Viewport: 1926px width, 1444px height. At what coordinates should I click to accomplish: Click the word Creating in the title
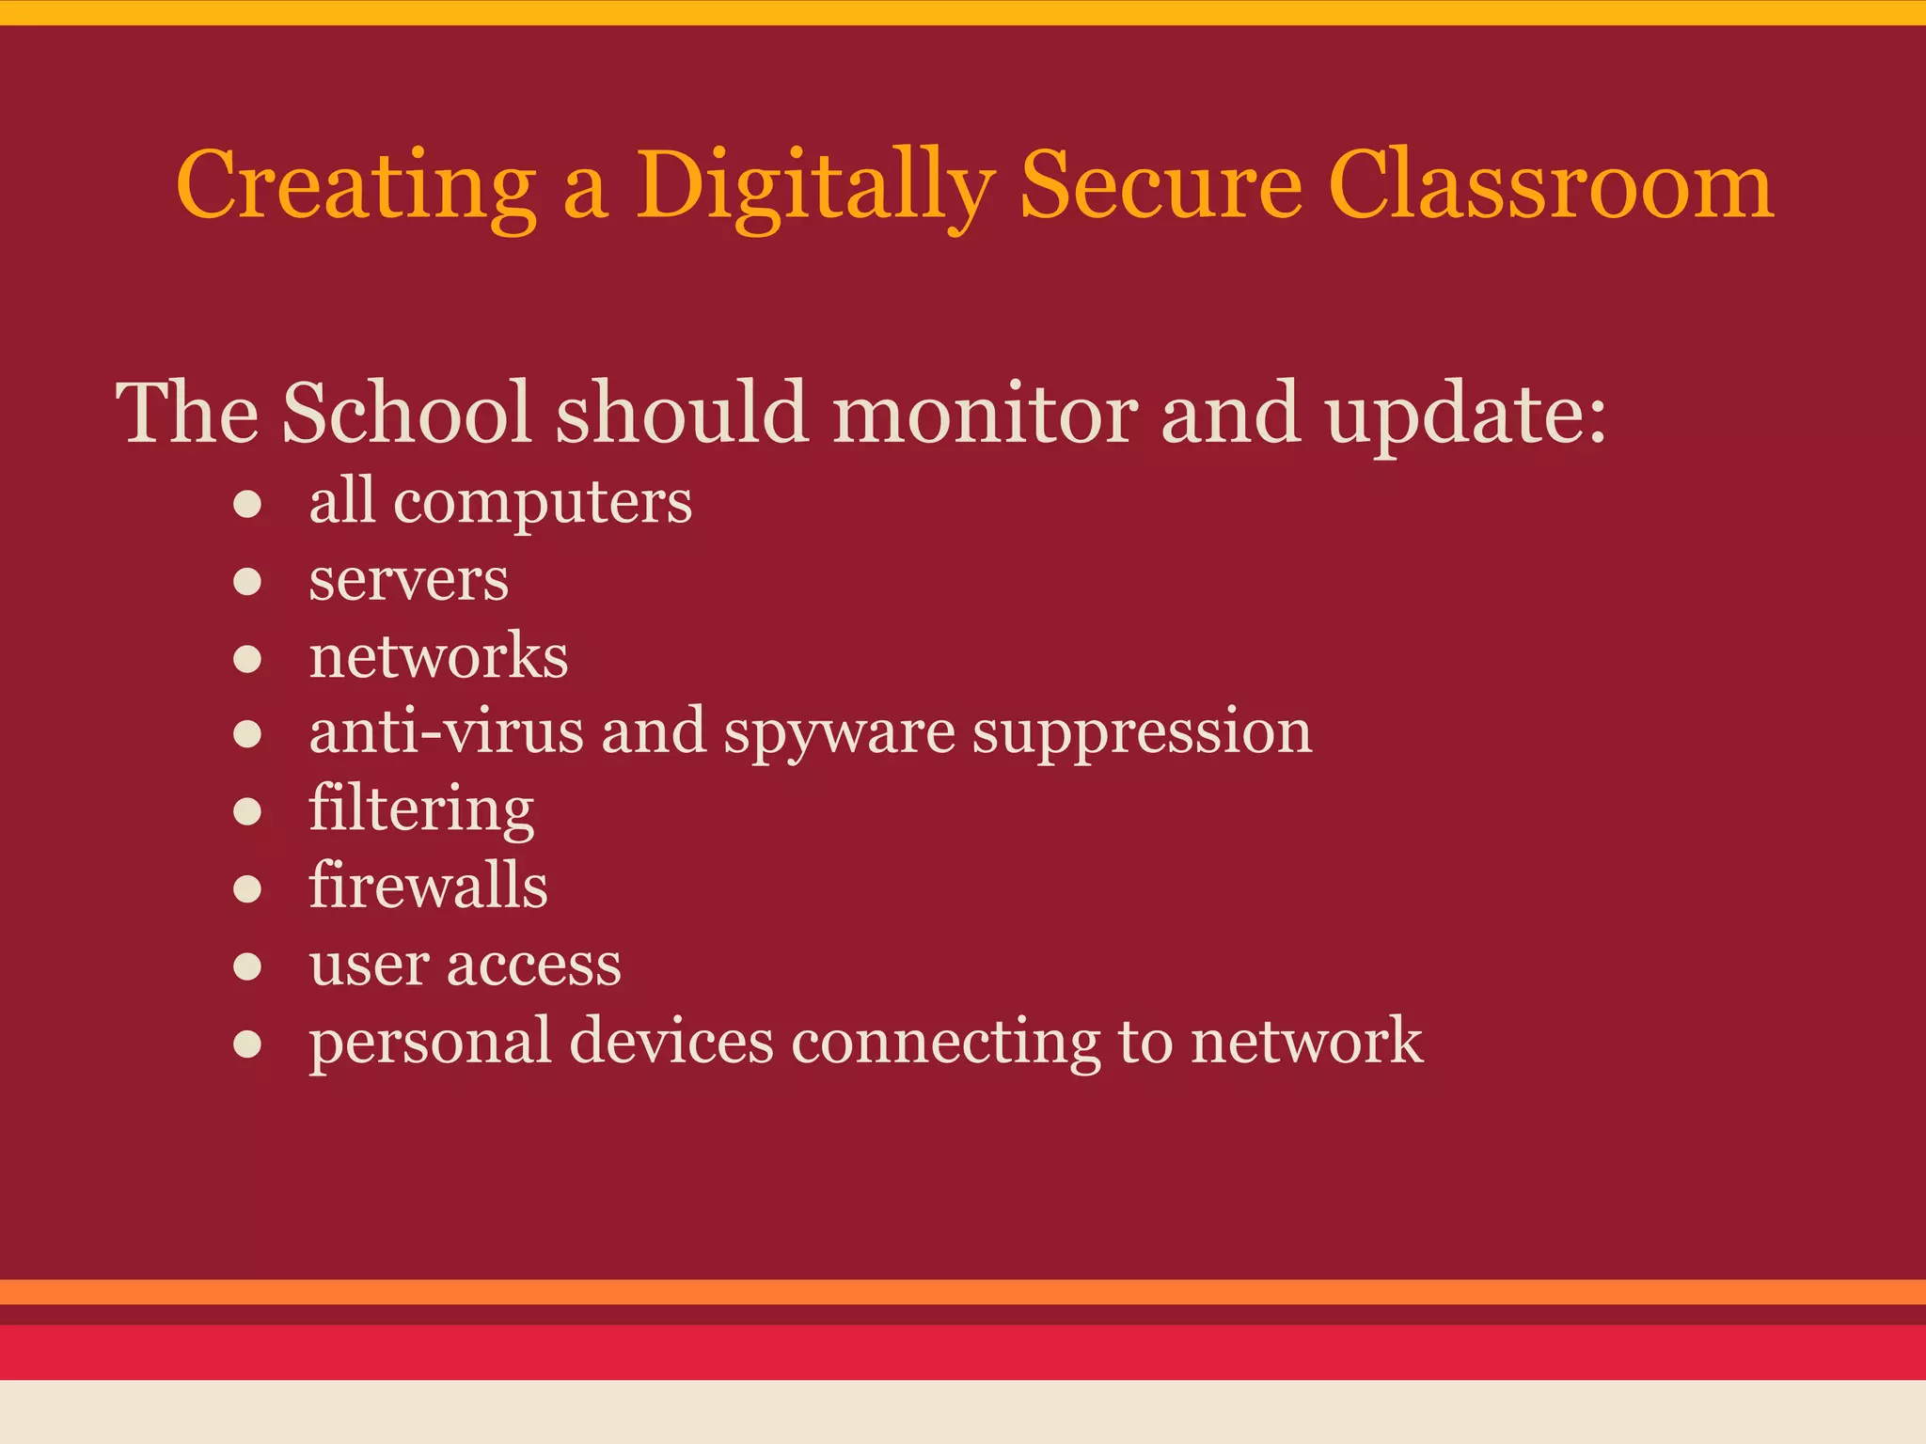355,186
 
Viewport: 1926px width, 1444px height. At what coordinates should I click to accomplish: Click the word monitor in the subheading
985,414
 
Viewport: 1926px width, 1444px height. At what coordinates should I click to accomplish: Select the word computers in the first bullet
543,504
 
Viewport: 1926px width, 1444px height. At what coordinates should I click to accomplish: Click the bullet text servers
409,580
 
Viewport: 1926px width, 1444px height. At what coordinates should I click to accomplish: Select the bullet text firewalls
428,886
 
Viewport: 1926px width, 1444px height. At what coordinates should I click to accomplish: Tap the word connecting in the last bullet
945,1043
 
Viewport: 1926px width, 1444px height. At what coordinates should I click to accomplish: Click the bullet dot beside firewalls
247,888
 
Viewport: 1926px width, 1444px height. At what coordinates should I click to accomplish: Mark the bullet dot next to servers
247,582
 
